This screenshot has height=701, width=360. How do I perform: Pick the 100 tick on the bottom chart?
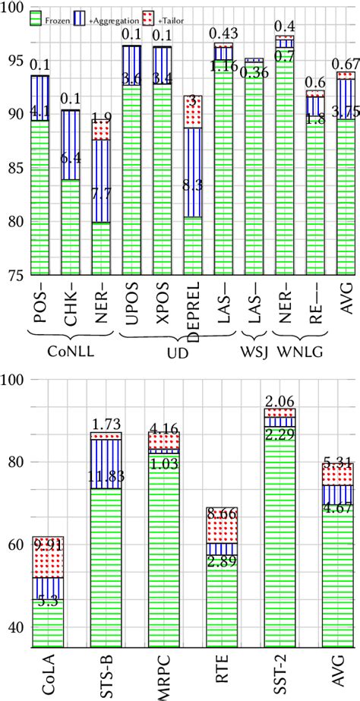(14, 380)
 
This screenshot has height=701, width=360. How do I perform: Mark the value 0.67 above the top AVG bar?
(346, 62)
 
